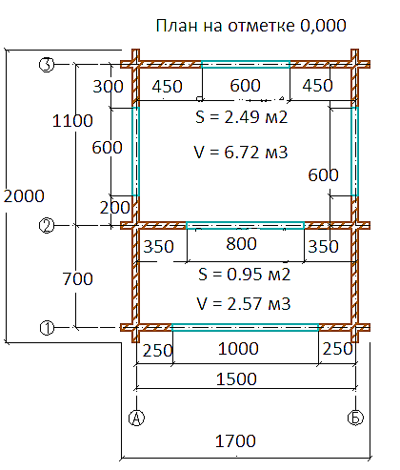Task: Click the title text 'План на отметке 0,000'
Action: click(250, 26)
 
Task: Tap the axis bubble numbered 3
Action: click(47, 65)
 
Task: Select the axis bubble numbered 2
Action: click(47, 226)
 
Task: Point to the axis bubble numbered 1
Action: click(47, 328)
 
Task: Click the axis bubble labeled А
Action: click(136, 418)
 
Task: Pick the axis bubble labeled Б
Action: click(355, 418)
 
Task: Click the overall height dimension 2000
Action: click(24, 195)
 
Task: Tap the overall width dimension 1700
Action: click(235, 441)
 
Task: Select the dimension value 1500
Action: click(236, 378)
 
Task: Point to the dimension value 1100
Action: click(72, 121)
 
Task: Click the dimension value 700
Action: click(77, 278)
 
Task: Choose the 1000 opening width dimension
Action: click(238, 349)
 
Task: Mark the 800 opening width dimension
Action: click(241, 244)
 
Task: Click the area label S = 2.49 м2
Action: click(242, 117)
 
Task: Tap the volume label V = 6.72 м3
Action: click(241, 152)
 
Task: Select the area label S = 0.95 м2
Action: click(245, 275)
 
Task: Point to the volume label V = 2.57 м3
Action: click(244, 303)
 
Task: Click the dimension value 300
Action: click(108, 87)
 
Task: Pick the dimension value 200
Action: click(115, 208)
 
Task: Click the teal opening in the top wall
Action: click(246, 65)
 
